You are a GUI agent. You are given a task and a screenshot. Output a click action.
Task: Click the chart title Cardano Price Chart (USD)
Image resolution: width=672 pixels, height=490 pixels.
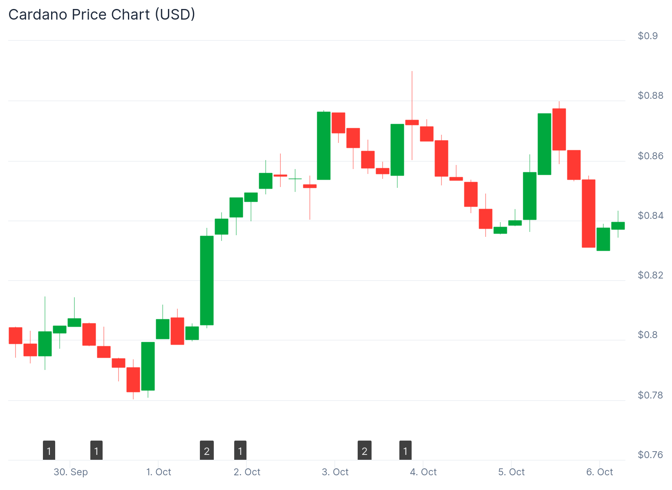pos(102,15)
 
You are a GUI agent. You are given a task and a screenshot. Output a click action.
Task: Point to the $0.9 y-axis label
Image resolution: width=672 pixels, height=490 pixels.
pos(647,36)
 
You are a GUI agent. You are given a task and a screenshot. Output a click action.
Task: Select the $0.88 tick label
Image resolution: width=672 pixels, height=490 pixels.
pos(650,96)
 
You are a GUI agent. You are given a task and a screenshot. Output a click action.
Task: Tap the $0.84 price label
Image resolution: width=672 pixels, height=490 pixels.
pos(650,216)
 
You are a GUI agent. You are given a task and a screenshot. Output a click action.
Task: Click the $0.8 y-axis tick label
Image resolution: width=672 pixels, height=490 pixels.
pos(647,335)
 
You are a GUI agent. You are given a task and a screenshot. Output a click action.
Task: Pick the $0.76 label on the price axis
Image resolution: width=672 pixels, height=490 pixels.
pos(650,455)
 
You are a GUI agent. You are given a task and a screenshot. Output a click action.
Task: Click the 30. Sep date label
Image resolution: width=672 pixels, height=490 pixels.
pos(71,472)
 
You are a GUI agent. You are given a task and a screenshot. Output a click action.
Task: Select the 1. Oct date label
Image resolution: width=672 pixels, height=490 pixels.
pos(159,472)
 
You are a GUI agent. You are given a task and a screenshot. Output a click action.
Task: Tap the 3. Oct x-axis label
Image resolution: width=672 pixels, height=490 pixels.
pos(335,472)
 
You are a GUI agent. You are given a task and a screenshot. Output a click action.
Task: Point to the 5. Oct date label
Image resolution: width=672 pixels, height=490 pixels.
pos(511,472)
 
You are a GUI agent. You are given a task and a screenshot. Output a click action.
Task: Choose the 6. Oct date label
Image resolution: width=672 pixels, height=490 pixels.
pos(599,472)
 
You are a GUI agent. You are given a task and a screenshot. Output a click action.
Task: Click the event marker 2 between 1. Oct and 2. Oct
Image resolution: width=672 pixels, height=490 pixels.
pos(207,451)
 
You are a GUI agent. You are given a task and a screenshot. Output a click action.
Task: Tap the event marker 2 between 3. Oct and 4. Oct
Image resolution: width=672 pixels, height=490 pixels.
pos(365,451)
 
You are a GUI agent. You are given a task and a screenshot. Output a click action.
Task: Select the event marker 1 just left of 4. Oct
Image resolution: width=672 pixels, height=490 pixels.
pos(405,451)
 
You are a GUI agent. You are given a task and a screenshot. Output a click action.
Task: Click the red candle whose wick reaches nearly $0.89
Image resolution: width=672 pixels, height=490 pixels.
pos(412,122)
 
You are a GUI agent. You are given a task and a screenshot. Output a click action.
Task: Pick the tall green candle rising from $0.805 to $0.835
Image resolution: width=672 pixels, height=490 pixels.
pos(207,281)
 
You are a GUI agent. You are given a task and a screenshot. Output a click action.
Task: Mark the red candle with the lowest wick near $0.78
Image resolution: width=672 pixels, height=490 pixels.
pos(133,380)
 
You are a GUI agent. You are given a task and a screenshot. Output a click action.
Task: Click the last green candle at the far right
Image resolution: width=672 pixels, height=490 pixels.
pos(618,226)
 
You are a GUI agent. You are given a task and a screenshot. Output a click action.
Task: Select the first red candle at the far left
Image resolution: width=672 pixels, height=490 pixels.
pos(16,336)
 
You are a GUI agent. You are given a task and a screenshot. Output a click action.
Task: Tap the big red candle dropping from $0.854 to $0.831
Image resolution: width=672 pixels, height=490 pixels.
pos(589,214)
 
